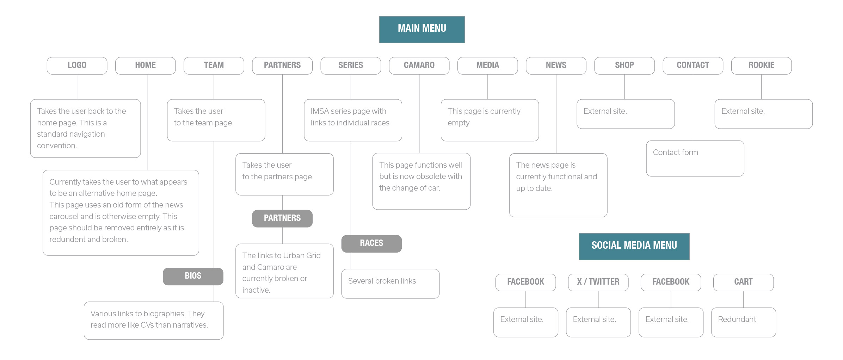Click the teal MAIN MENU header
point(422,29)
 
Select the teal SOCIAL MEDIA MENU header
point(634,246)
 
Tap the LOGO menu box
point(77,66)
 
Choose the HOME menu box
point(145,66)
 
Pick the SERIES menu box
point(351,66)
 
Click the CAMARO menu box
point(419,66)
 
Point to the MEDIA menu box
point(488,66)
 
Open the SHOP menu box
point(624,66)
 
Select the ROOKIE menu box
point(761,66)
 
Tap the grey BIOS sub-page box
point(193,276)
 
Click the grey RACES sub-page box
point(371,243)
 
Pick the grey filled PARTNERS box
point(282,218)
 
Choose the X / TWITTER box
point(598,282)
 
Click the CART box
point(743,282)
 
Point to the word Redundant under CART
point(737,319)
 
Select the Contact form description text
point(675,152)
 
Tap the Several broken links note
point(382,281)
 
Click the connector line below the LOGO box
point(77,87)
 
